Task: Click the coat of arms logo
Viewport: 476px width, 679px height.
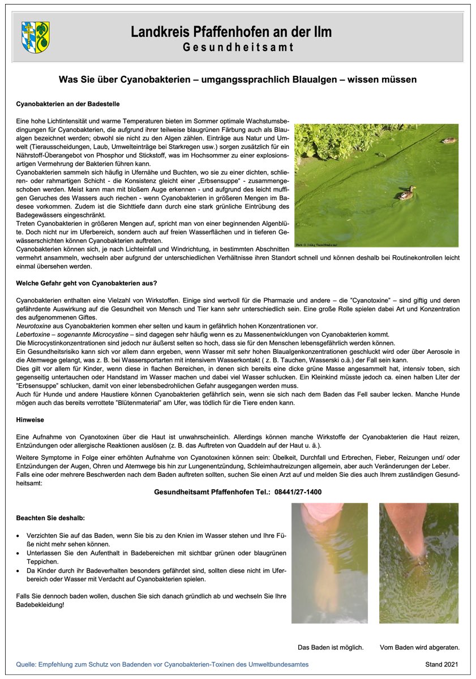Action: (35, 37)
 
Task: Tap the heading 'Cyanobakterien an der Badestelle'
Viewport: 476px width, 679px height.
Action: (67, 104)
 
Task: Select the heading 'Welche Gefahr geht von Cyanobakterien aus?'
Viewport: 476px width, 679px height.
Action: (87, 283)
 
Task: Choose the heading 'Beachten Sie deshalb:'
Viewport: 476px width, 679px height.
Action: (51, 518)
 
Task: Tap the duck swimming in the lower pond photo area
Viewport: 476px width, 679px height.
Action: (407, 193)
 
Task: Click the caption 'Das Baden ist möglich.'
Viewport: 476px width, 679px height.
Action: (331, 647)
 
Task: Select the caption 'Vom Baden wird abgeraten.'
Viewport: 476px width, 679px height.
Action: (419, 647)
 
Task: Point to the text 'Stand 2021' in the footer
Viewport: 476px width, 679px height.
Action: (441, 664)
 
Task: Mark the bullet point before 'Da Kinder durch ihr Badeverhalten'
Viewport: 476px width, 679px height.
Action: (19, 571)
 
